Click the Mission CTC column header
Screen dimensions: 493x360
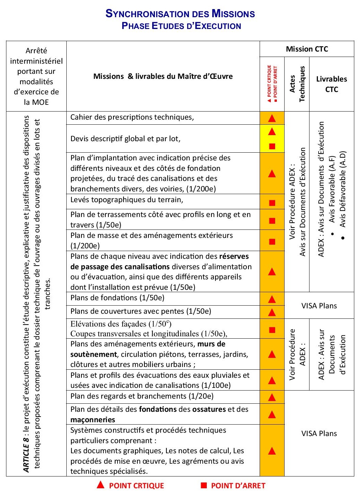(307, 49)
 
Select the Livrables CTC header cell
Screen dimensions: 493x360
(331, 84)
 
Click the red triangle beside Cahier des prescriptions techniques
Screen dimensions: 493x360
(272, 118)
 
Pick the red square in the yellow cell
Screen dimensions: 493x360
(272, 146)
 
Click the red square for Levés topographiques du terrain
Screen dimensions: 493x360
(272, 203)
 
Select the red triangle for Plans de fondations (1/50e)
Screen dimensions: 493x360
(272, 299)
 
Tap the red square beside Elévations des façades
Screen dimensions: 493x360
(272, 330)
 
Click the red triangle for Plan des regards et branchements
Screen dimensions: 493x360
(272, 398)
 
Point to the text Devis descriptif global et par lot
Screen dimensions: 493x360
(125, 138)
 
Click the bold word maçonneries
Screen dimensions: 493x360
(93, 420)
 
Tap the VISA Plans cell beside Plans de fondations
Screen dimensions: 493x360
(319, 306)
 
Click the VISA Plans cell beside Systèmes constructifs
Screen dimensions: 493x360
(319, 433)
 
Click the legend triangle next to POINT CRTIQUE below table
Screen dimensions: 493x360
(100, 485)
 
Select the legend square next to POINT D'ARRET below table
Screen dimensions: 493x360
(204, 485)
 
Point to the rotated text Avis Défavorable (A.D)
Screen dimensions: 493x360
(343, 189)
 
